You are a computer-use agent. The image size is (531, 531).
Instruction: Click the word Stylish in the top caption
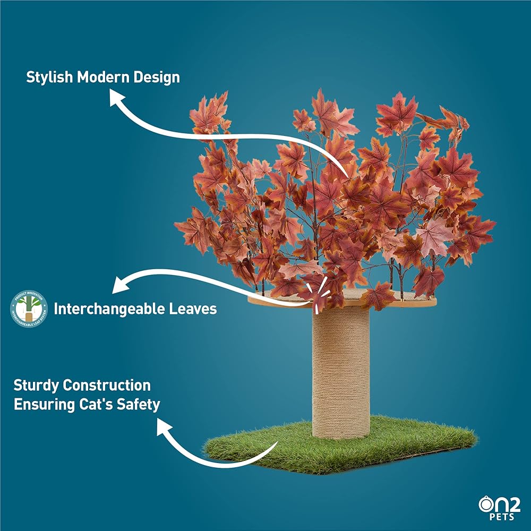(x=50, y=78)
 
